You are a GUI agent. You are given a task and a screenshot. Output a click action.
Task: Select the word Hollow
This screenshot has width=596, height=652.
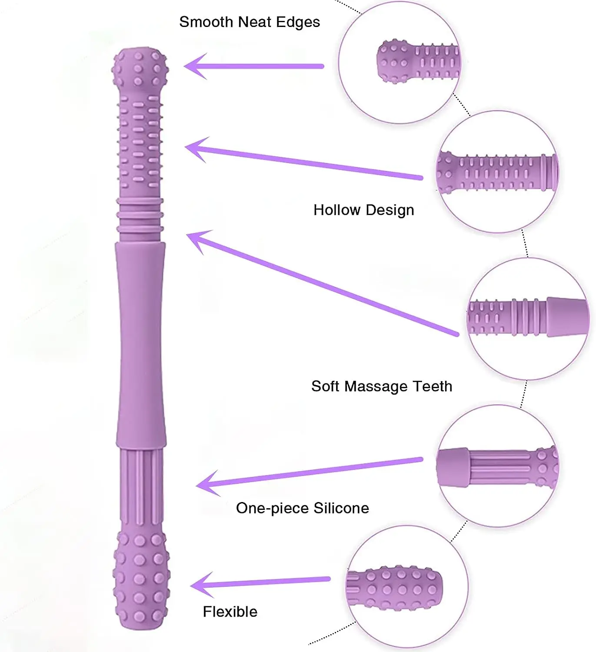pos(337,210)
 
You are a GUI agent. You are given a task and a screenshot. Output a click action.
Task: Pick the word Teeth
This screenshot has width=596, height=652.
pos(432,386)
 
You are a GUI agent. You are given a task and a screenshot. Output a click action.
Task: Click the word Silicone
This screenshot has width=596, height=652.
pos(341,508)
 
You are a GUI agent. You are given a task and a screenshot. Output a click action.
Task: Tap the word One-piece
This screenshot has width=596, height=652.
pos(272,508)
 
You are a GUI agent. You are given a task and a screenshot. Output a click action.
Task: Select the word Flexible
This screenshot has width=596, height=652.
pos(230,612)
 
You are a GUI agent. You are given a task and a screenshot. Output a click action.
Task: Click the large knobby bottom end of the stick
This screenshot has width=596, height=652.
pos(141,578)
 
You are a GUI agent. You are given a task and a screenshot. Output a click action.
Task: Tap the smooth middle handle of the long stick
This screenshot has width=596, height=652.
pos(140,343)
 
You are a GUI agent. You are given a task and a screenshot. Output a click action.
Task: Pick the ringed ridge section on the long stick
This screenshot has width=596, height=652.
pos(140,215)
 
